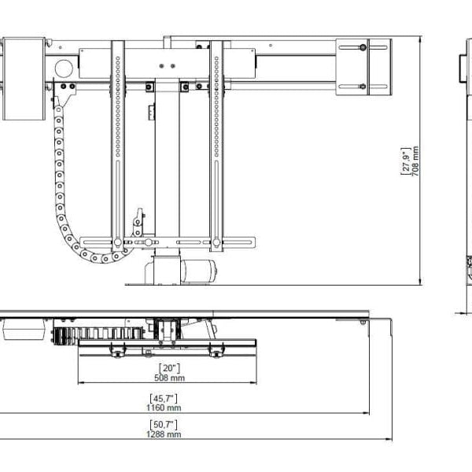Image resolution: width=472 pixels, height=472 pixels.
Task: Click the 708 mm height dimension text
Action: click(x=415, y=160)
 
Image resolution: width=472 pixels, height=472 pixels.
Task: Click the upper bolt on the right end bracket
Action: click(x=363, y=49)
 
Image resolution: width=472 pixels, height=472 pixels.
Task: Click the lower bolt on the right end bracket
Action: click(x=363, y=87)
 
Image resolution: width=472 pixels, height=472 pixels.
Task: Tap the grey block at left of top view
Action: click(x=26, y=328)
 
